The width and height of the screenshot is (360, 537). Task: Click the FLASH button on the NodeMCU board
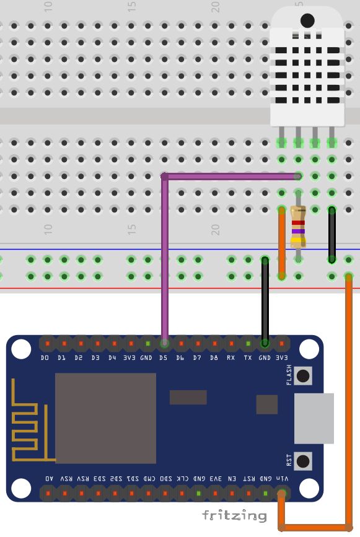point(303,375)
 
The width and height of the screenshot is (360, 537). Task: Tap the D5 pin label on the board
point(164,358)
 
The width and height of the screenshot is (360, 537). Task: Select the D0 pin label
point(45,358)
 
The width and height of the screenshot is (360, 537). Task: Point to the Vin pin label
point(282,479)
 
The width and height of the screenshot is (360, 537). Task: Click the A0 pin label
point(49,479)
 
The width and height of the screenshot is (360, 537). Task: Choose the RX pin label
point(230,358)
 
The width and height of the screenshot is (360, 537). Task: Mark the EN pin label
point(232,479)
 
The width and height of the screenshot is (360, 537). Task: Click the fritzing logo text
point(234,515)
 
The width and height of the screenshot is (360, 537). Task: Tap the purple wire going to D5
point(165,260)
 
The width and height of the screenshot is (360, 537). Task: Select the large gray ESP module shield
point(105,418)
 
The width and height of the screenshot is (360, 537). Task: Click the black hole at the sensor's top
point(307,20)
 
